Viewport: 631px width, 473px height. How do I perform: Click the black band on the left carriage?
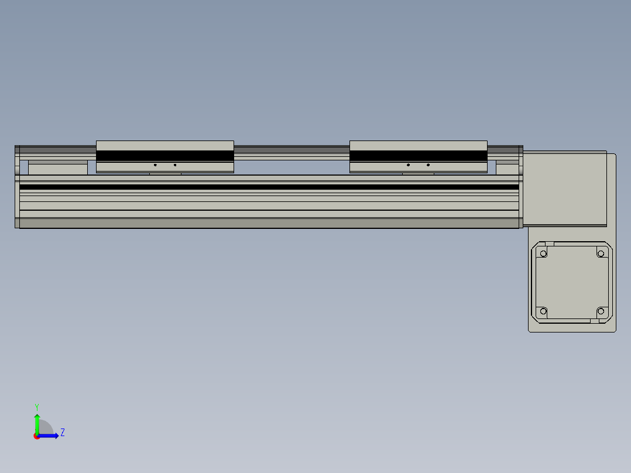pos(164,156)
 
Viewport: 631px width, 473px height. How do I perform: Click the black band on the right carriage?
pos(418,156)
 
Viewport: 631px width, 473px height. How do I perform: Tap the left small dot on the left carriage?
pos(155,165)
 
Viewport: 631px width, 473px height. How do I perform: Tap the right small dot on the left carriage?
pos(175,165)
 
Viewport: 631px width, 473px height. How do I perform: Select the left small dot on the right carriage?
pos(408,165)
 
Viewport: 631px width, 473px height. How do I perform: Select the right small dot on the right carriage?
pos(428,165)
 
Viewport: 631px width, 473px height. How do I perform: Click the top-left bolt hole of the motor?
pos(543,253)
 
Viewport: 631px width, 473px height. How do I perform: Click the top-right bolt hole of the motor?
pos(600,253)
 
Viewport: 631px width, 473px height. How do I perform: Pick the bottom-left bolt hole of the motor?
pos(543,311)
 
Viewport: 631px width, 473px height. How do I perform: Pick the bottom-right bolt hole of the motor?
pos(600,311)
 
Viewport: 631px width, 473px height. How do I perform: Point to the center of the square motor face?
pos(572,282)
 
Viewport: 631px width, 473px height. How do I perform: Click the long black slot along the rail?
pos(269,187)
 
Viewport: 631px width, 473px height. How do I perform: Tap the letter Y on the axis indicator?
pos(36,406)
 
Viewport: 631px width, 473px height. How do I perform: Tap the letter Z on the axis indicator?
pos(63,433)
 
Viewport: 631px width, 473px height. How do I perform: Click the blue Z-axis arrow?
pos(49,436)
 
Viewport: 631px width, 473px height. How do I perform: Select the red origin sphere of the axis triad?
pos(37,436)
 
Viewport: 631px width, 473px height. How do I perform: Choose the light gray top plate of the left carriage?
pos(164,145)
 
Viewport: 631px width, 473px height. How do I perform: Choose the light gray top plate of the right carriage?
pos(418,145)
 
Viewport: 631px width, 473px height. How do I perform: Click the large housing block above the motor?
pos(564,187)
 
